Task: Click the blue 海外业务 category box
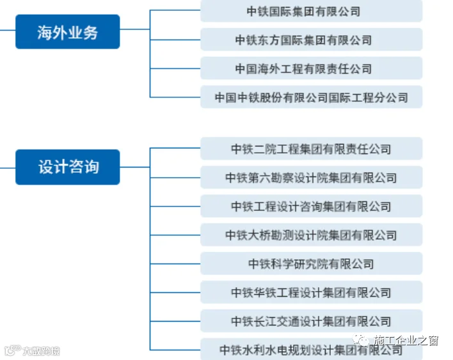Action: point(67,32)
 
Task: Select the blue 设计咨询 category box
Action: point(67,167)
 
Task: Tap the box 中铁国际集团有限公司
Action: point(311,11)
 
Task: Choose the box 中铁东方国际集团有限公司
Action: point(311,40)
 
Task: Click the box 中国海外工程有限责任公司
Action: point(311,68)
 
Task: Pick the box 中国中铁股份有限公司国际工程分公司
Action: point(311,97)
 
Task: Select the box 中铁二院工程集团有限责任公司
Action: point(311,149)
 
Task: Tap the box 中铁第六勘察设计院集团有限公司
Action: point(311,178)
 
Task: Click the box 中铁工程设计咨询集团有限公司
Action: point(311,207)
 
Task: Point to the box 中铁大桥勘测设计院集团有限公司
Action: point(311,235)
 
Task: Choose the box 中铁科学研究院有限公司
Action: point(311,263)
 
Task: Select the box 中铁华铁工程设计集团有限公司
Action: point(311,292)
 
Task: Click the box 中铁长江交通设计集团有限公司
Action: point(311,321)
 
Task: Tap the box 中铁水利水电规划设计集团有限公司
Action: point(311,349)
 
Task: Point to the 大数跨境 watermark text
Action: point(41,351)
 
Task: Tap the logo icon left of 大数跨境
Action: point(12,351)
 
